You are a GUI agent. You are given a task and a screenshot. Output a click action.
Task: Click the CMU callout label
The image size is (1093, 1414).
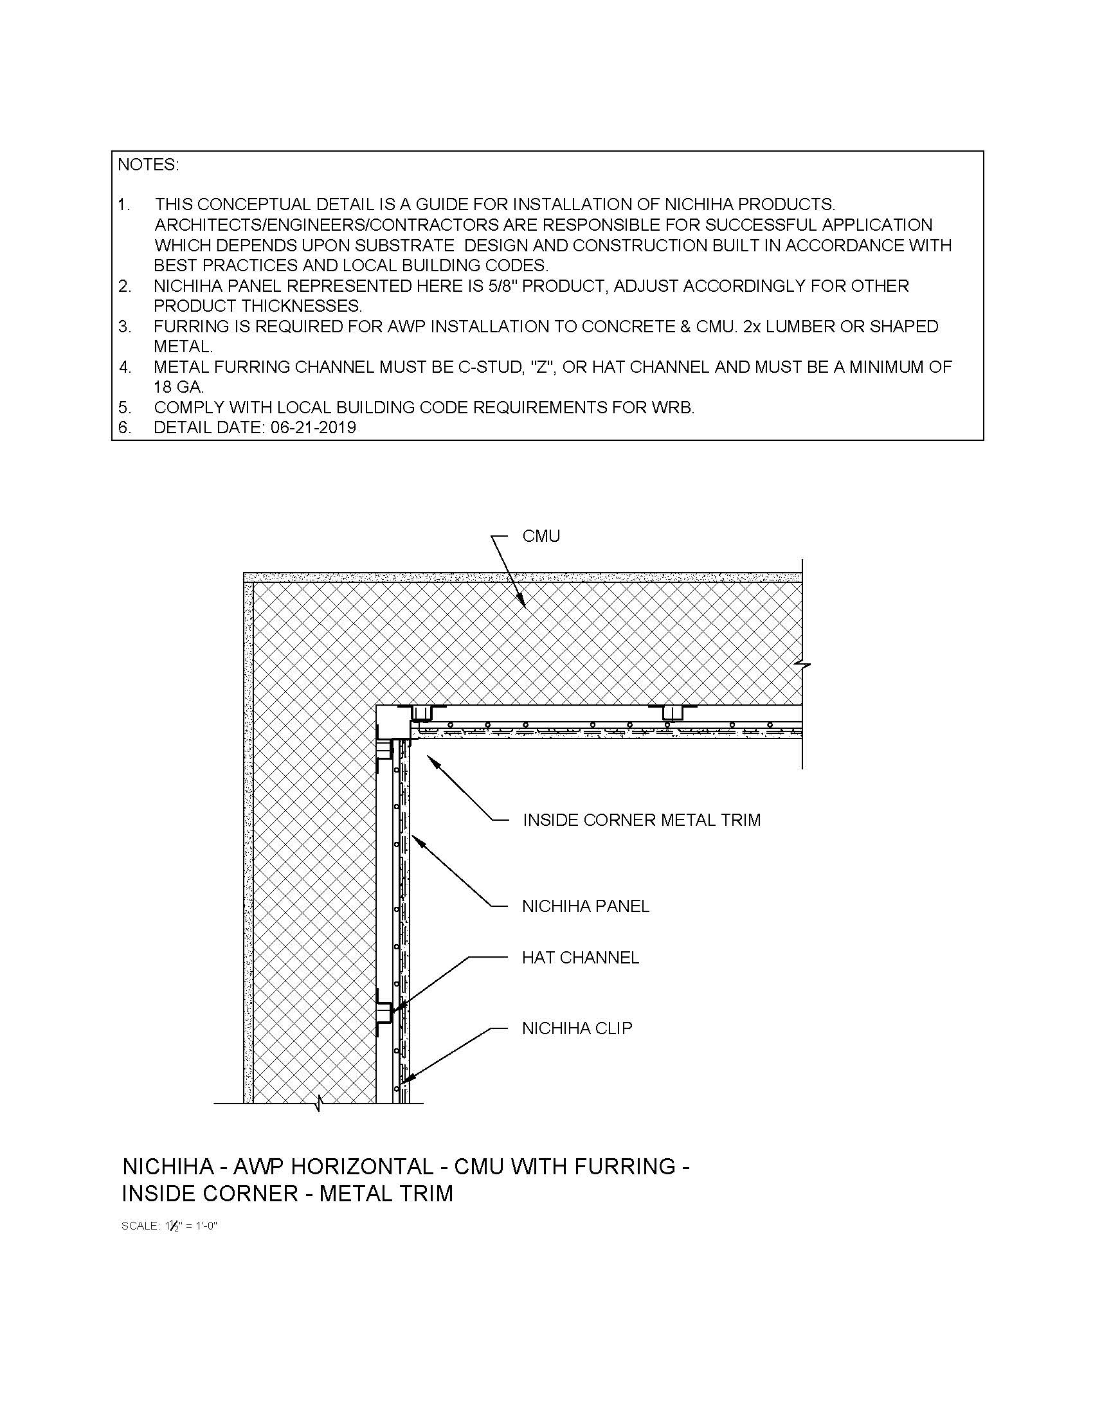click(x=541, y=536)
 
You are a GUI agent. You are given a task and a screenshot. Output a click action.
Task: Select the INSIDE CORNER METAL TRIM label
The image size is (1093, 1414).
click(x=641, y=820)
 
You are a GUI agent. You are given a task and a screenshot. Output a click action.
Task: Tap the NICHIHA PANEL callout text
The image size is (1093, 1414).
click(x=585, y=906)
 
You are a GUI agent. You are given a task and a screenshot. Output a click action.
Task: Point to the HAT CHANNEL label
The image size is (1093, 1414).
click(x=580, y=958)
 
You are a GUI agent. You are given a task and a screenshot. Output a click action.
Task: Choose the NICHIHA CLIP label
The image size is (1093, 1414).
click(x=577, y=1028)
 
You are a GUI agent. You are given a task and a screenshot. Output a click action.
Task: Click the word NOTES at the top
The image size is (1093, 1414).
click(x=148, y=165)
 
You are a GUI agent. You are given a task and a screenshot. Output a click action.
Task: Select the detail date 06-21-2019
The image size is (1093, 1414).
click(x=311, y=427)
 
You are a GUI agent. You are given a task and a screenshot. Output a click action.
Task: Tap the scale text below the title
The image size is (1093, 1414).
click(x=169, y=1226)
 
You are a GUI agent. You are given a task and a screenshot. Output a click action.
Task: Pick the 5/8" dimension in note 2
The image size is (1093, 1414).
click(x=504, y=285)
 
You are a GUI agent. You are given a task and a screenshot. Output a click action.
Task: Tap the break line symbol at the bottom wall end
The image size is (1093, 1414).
click(x=318, y=1103)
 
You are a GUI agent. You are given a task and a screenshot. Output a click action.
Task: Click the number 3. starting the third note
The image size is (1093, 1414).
click(x=124, y=327)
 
